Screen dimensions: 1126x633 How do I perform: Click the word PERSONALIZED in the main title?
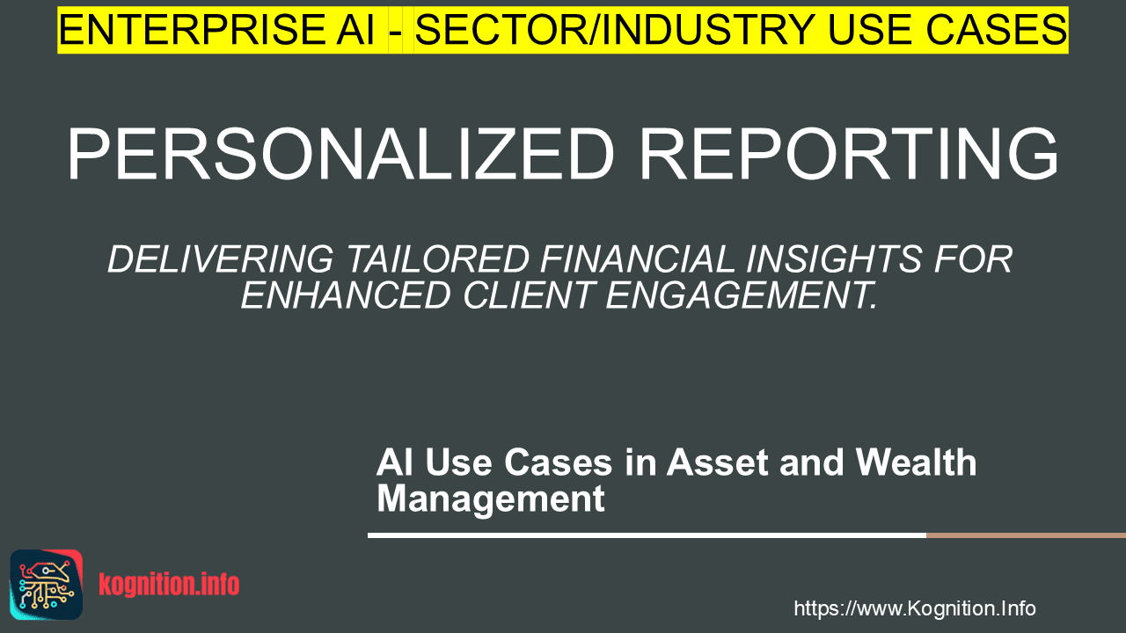click(x=340, y=153)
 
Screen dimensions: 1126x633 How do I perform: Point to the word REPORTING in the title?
click(x=849, y=153)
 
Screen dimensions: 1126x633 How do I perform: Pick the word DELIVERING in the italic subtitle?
click(x=220, y=259)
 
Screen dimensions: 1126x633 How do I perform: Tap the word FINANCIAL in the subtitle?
click(x=638, y=259)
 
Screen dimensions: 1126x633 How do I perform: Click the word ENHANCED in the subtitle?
click(x=346, y=295)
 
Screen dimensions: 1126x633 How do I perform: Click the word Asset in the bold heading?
click(x=717, y=462)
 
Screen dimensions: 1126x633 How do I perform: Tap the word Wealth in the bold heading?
click(x=917, y=462)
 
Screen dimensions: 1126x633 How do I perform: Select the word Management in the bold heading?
click(x=491, y=499)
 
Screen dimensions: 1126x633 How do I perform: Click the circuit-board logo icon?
click(x=47, y=585)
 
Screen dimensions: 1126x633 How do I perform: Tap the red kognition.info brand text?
click(x=169, y=585)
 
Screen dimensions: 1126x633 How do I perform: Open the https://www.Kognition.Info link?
click(x=915, y=608)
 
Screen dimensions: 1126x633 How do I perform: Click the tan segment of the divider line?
click(x=1026, y=535)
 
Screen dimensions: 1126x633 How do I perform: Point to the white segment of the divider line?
click(x=647, y=535)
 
